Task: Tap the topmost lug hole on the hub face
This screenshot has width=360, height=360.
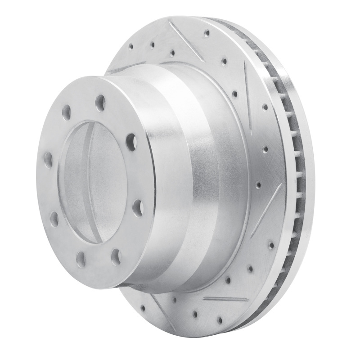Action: pyautogui.click(x=100, y=103)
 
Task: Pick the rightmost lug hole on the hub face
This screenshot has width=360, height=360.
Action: pyautogui.click(x=138, y=208)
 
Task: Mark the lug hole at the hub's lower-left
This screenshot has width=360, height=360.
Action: pyautogui.click(x=54, y=219)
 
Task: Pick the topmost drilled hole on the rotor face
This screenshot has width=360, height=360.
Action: pyautogui.click(x=207, y=33)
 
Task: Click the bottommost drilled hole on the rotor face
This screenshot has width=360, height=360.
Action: pyautogui.click(x=220, y=320)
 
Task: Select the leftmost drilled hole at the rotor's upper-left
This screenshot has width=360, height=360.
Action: pyautogui.click(x=130, y=47)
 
